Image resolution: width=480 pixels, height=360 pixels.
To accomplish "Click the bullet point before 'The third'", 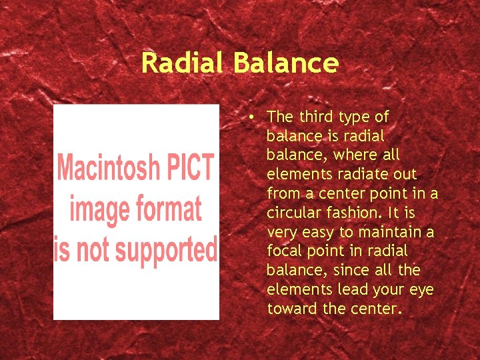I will coord(248,117).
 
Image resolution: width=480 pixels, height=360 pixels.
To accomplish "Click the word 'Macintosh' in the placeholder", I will coord(109,167).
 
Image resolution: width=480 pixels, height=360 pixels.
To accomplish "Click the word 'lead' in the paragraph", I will coord(352,290).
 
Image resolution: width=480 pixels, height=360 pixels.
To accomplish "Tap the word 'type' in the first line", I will coord(355,117).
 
